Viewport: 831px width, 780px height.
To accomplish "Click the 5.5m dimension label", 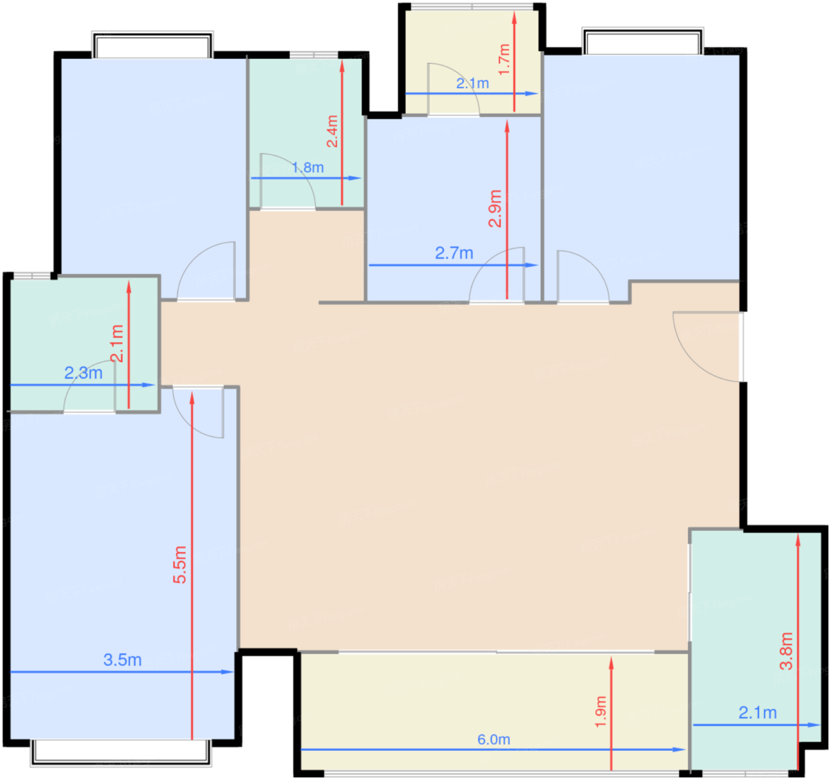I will pos(180,565).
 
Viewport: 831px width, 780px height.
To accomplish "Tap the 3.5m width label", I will pos(122,660).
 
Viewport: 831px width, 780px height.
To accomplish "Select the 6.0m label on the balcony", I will pos(493,739).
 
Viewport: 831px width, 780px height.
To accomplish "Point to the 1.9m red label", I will pos(601,712).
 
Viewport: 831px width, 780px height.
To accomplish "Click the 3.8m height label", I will pos(786,651).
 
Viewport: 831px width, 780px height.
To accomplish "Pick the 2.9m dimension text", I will pos(495,208).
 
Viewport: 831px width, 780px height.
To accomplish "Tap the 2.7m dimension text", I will pos(454,253).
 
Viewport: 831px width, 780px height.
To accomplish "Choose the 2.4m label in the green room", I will pos(332,131).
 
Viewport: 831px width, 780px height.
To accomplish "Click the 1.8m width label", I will pos(307,168).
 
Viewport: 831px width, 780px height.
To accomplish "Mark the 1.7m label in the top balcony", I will pos(504,59).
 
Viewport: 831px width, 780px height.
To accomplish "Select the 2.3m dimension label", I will pos(83,373).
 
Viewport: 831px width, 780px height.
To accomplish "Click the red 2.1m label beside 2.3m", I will pos(118,343).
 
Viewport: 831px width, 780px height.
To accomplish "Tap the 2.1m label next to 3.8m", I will pos(757,712).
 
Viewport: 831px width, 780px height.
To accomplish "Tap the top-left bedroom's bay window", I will pos(153,46).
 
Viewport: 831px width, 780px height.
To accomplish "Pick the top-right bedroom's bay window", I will pos(642,42).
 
